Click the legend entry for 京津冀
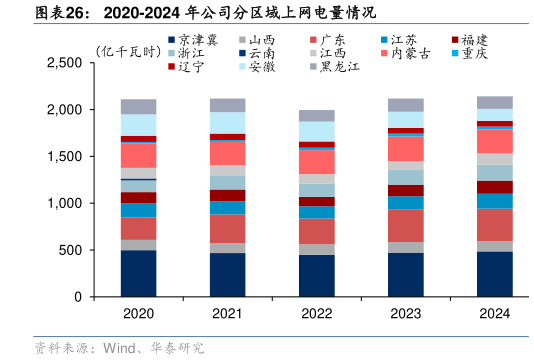tap(191, 38)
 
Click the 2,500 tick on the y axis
tap(64, 63)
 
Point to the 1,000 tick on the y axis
tap(64, 204)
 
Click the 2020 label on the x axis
tap(138, 314)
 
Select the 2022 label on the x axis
tap(318, 314)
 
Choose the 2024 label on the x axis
tap(495, 314)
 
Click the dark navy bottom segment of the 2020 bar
tap(138, 273)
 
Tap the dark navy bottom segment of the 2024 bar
tap(495, 274)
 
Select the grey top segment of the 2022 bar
tap(318, 116)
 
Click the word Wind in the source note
tap(119, 349)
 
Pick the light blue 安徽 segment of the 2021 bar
tap(228, 122)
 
